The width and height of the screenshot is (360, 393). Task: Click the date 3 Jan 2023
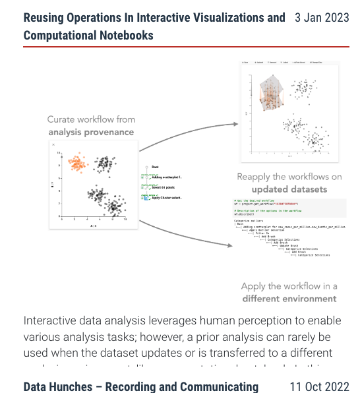click(321, 18)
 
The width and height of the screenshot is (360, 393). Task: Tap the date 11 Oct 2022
click(319, 387)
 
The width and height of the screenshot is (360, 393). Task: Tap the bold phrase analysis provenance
click(91, 132)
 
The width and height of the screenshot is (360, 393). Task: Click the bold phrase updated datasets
click(291, 189)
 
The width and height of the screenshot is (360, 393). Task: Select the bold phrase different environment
click(289, 298)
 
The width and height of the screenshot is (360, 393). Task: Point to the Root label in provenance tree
click(155, 167)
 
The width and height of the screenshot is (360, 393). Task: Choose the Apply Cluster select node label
click(167, 198)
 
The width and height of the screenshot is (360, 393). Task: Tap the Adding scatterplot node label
click(167, 177)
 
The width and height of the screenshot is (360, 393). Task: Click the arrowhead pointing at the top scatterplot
click(235, 123)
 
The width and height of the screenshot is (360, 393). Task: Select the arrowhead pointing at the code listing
click(230, 245)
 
